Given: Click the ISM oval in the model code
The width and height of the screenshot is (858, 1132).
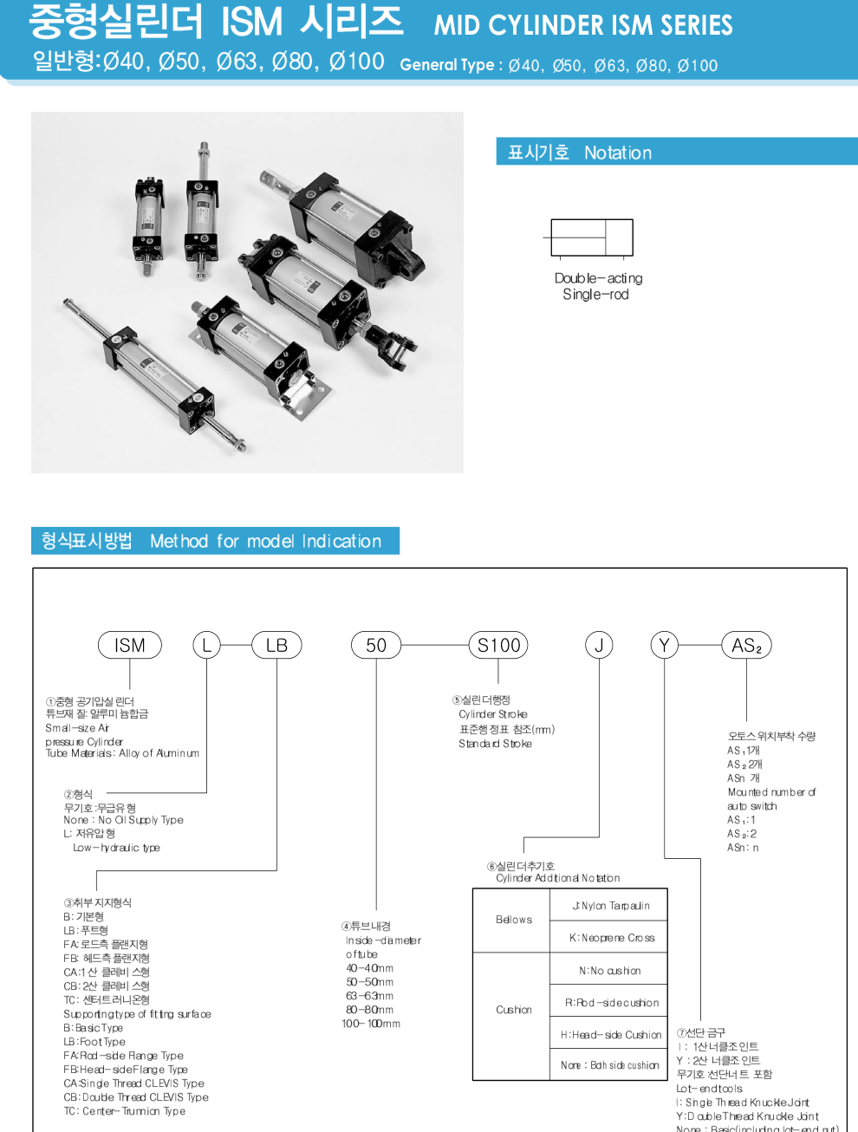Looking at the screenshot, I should (x=130, y=645).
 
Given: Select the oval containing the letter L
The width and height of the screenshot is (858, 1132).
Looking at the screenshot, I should (x=206, y=645).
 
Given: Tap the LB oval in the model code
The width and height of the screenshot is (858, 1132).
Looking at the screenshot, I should (x=276, y=645).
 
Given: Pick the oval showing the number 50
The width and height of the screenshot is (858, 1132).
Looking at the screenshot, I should (x=376, y=645).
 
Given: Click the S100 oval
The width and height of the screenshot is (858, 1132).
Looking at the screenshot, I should (x=498, y=645).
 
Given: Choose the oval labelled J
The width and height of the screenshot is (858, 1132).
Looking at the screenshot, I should (x=599, y=645).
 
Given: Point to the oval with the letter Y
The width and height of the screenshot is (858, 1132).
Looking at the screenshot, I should (x=665, y=645).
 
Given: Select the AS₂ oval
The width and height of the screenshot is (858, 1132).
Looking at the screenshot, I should (x=746, y=645).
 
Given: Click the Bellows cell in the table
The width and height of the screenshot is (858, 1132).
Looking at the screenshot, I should (x=513, y=920).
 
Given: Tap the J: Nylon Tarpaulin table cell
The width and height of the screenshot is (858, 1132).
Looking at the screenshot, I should (x=610, y=906).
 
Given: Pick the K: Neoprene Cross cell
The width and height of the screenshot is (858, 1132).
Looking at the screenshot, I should (x=611, y=937).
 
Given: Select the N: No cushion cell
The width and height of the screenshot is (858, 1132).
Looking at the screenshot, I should (x=610, y=970).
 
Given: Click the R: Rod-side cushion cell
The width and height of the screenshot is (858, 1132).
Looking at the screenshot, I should (x=611, y=1002).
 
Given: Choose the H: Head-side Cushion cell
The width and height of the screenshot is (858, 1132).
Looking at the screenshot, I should (x=610, y=1034).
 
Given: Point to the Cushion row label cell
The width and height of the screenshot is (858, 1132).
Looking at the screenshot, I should (x=513, y=1010).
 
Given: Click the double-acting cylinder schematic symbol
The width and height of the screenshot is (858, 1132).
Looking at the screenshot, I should (x=592, y=237).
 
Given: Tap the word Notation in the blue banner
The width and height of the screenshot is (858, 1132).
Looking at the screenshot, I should (x=617, y=153).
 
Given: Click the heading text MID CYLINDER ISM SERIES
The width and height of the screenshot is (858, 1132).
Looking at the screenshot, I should (x=583, y=25).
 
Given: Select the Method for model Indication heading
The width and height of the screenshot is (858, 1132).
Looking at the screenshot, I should (x=265, y=541).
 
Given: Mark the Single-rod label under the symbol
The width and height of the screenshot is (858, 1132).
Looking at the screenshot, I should (x=595, y=295).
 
